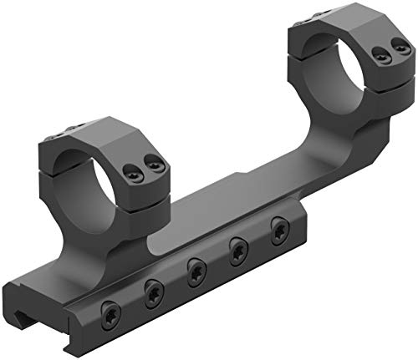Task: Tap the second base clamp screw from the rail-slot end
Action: pyautogui.click(x=154, y=292)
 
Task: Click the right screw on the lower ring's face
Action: pyautogui.click(x=152, y=164)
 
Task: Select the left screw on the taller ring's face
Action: pyautogui.click(x=382, y=57)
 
